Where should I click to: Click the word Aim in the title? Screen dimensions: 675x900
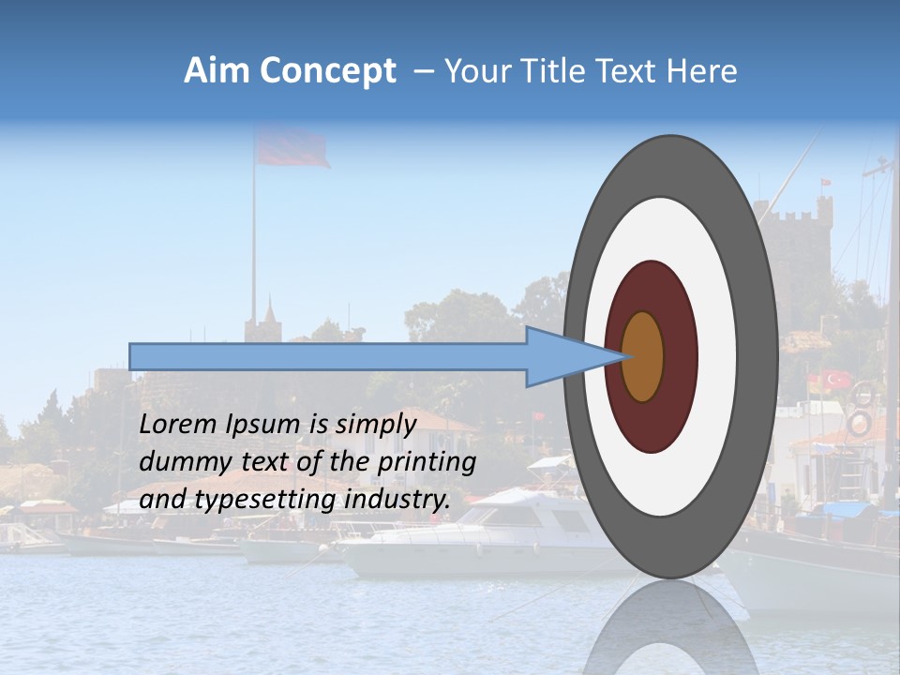[x=217, y=71]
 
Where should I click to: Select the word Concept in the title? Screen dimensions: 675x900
[x=328, y=71]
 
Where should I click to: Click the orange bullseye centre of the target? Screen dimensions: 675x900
[x=643, y=356]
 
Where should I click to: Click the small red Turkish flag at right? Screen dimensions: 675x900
[x=835, y=380]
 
